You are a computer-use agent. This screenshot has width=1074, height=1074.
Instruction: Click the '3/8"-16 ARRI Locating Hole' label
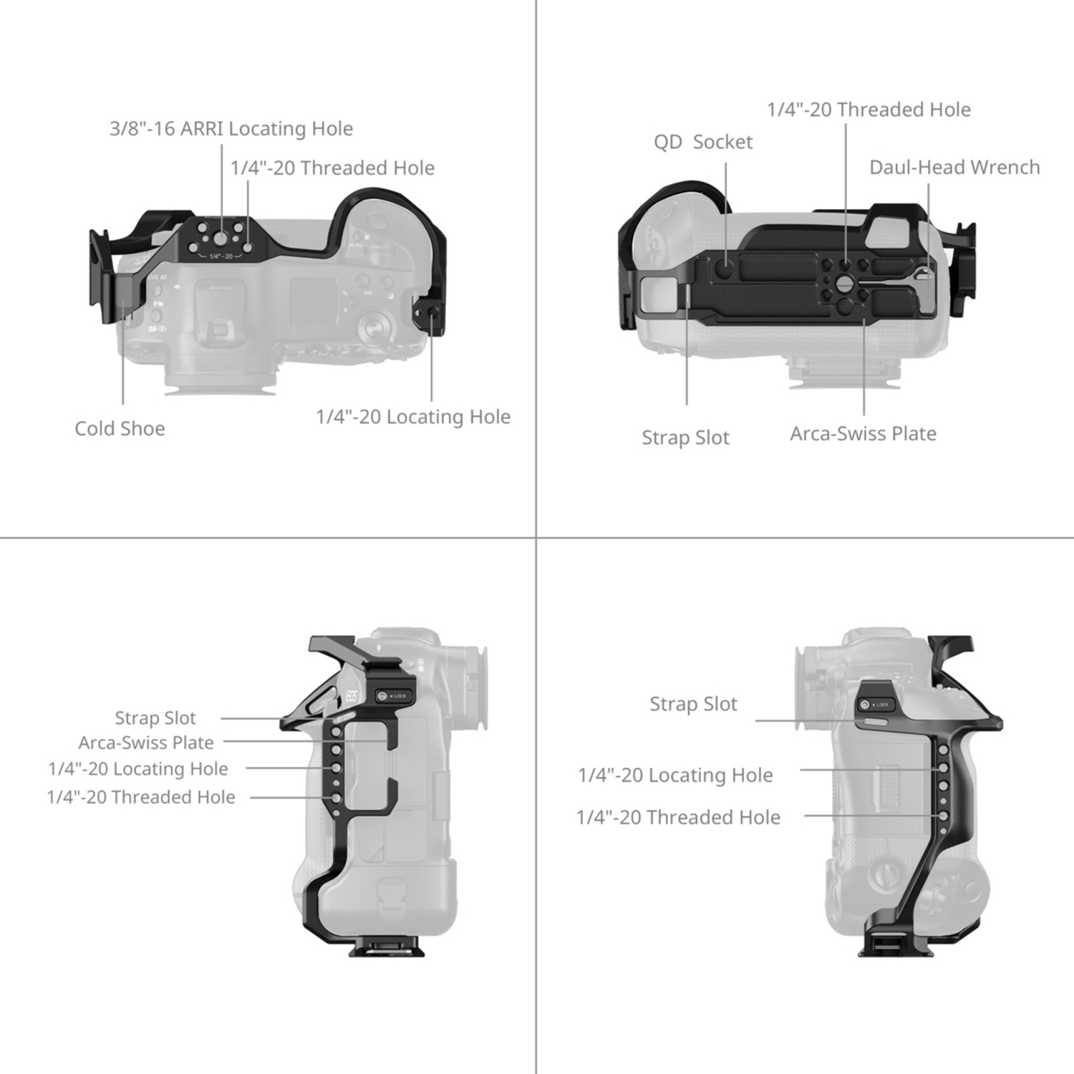[x=231, y=129]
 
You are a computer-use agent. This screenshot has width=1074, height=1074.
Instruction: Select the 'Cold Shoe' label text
[x=120, y=429]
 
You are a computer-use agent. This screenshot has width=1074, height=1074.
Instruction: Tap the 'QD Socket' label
[x=702, y=142]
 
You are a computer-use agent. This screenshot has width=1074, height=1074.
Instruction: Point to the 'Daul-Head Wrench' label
[x=954, y=168]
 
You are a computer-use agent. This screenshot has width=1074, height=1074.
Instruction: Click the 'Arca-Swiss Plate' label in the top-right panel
[x=863, y=434]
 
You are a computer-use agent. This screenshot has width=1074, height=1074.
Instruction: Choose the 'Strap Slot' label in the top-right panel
[x=685, y=437]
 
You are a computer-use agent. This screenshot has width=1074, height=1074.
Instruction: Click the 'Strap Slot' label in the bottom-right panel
[x=693, y=705]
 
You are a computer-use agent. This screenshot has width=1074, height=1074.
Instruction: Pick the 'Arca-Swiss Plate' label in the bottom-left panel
[x=146, y=743]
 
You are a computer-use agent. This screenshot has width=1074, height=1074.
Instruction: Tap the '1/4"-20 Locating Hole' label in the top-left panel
[x=413, y=417]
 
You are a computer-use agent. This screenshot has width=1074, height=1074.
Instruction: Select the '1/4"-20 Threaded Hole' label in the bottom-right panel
[x=678, y=818]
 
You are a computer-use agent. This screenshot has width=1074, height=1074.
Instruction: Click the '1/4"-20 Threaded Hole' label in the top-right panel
[x=869, y=110]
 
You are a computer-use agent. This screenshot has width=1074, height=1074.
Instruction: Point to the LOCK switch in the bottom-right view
[x=874, y=705]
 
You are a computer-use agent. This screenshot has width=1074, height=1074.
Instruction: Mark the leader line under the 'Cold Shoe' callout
[x=122, y=351]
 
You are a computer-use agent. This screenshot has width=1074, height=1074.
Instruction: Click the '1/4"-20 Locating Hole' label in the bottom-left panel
[x=138, y=769]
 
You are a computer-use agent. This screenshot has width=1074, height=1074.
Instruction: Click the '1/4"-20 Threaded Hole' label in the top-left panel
[x=332, y=168]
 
